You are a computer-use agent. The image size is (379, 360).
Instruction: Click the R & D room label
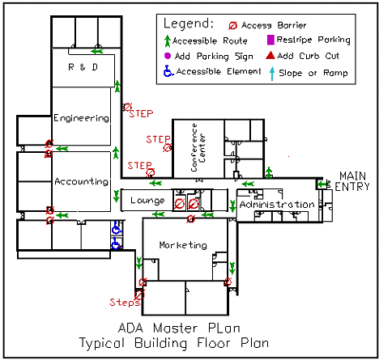[83, 67]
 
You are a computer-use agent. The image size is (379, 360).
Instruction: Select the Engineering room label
[81, 118]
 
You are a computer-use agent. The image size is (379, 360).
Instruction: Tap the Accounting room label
[81, 181]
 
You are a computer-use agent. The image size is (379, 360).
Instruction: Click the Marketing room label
[182, 245]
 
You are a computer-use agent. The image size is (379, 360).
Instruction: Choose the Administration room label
[276, 205]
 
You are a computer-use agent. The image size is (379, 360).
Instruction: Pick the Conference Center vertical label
[198, 146]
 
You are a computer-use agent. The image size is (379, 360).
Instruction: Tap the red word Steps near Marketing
[126, 303]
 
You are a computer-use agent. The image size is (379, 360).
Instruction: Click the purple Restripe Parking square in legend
[270, 40]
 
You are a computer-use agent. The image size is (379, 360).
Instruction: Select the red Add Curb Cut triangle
[270, 55]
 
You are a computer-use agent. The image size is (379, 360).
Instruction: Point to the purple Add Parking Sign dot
[167, 55]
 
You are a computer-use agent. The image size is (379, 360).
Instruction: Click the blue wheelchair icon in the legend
[168, 72]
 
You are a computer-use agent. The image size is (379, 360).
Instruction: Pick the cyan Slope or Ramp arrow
[270, 72]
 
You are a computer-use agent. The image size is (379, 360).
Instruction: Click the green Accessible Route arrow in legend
[167, 40]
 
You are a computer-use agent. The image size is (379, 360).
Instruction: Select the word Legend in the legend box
[189, 23]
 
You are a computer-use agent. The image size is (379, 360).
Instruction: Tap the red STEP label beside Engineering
[141, 113]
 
